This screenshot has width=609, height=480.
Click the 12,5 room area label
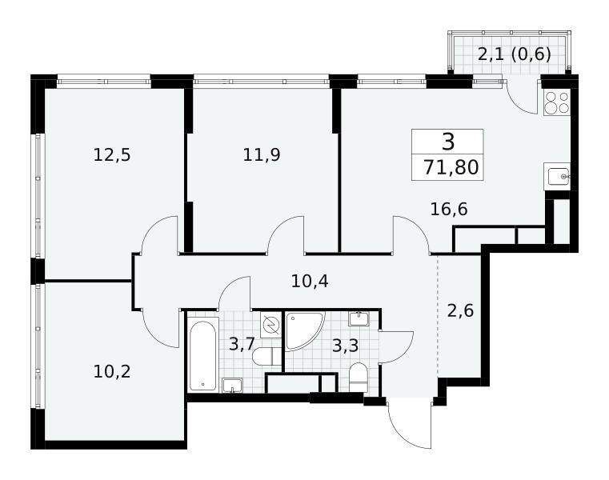tap(112, 155)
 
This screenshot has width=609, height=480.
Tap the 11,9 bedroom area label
tap(262, 155)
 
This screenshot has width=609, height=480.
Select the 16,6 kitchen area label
tap(449, 210)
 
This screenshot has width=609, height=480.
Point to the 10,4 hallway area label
tap(310, 281)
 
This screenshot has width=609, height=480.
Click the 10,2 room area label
tap(112, 372)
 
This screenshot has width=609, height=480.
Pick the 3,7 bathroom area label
tap(241, 344)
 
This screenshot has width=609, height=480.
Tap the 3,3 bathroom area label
tap(345, 346)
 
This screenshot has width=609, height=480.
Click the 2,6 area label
tap(460, 310)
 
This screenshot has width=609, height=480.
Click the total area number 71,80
tap(451, 168)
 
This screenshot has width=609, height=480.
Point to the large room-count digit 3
tap(448, 142)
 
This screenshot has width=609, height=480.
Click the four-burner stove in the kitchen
tap(556, 102)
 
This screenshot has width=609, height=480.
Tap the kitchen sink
tap(557, 177)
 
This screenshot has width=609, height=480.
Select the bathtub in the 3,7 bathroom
tap(202, 356)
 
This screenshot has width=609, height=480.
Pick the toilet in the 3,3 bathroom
tap(358, 378)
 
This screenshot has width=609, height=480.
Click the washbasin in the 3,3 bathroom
tap(359, 318)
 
